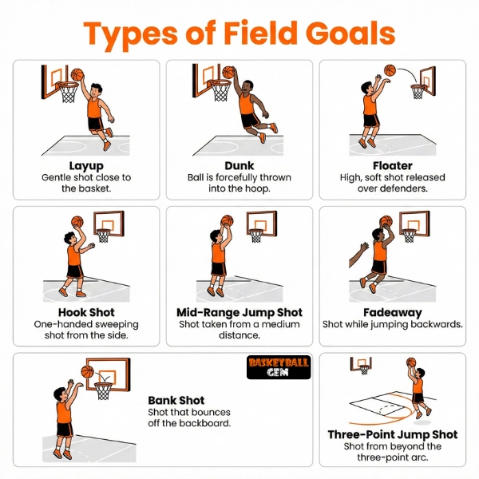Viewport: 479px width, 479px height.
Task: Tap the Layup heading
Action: pos(85,165)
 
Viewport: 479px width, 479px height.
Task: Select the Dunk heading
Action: pos(239,165)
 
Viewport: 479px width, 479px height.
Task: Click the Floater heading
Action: pos(393,165)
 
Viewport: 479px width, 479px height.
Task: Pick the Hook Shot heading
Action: pos(85,313)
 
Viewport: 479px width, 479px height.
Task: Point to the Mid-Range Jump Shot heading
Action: pos(239,313)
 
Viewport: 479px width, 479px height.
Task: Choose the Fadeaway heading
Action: pos(393,313)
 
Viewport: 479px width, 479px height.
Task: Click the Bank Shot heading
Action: pos(176,400)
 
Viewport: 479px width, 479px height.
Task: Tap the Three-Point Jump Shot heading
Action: pos(393,434)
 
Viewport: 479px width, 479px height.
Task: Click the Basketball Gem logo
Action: pos(279,367)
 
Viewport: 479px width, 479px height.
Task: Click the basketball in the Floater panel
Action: pos(390,69)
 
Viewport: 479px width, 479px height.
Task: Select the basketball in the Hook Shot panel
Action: pos(77,222)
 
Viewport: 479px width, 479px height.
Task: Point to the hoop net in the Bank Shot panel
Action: pos(104,390)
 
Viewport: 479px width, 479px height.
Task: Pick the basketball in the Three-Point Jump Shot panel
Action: pos(412,362)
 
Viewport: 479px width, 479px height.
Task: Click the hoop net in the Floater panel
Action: pos(418,92)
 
